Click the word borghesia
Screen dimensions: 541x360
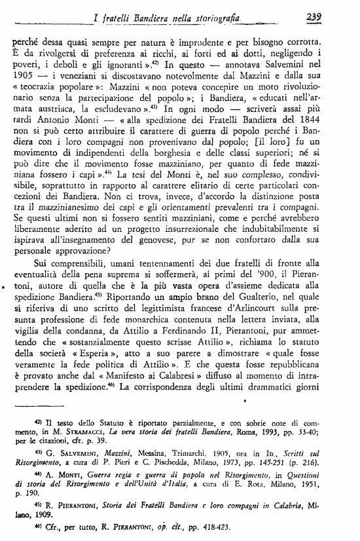tap(185, 175)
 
